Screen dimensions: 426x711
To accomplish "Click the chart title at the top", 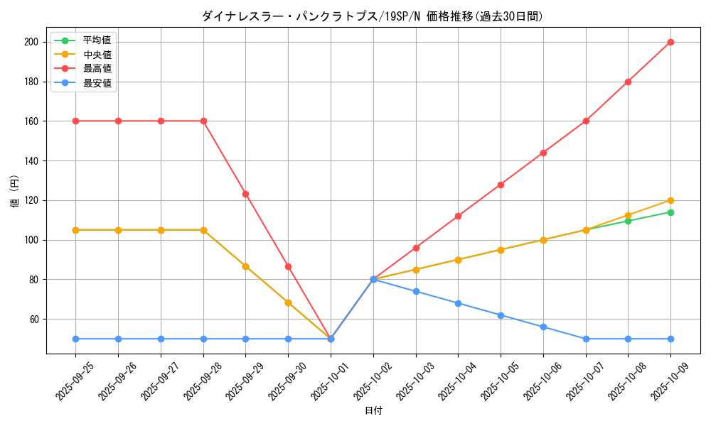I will coord(373,16).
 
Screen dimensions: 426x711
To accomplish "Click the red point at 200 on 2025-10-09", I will coord(670,42).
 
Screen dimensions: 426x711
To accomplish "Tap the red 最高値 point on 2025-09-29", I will coord(245,194).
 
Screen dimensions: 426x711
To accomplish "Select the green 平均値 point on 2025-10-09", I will coord(670,212).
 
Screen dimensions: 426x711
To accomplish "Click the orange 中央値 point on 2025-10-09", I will coord(670,200).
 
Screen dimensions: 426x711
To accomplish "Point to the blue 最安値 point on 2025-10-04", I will coord(458,303).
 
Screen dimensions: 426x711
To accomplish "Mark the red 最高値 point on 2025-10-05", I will coord(501,185).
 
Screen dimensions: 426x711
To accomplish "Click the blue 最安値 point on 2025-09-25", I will coord(75,339).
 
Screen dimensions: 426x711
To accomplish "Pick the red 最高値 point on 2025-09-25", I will coord(75,121).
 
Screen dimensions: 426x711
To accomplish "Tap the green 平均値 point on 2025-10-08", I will coord(628,221).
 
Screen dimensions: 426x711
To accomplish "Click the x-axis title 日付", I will coord(373,411).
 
